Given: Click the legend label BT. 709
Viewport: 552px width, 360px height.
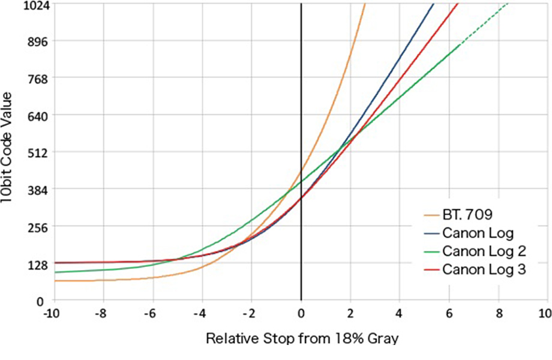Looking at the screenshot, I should click(x=466, y=214).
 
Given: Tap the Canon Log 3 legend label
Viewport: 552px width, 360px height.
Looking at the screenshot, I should click(x=484, y=269).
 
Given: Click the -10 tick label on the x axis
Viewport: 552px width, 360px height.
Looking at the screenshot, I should click(x=54, y=314).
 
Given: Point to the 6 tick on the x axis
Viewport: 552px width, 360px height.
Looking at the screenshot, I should click(x=448, y=314).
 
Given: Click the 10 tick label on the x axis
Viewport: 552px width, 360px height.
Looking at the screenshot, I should click(x=545, y=314).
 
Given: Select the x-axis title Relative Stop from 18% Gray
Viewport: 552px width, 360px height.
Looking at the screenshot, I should click(x=302, y=339).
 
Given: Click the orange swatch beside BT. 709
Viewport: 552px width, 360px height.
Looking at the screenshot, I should click(x=430, y=214).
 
